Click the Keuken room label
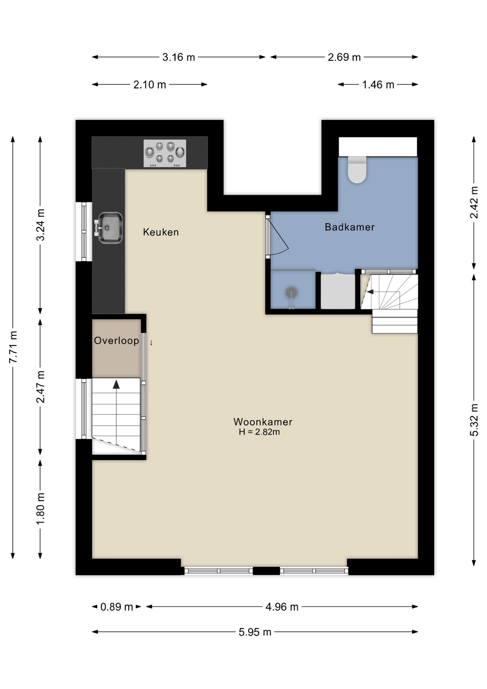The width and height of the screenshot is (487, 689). click(x=161, y=232)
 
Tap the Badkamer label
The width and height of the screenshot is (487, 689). click(x=350, y=227)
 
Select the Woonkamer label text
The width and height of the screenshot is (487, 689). click(x=263, y=422)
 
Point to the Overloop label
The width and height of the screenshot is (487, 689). click(x=117, y=341)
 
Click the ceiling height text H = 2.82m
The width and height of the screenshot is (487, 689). click(x=259, y=432)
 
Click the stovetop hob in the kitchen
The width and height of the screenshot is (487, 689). click(x=165, y=153)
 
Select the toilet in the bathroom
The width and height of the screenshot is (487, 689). click(x=357, y=170)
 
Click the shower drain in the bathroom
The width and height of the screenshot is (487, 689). click(x=292, y=292)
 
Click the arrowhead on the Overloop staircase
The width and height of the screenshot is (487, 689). click(x=116, y=385)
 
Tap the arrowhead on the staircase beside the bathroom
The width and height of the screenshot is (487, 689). click(x=370, y=292)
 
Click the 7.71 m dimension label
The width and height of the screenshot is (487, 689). click(x=13, y=347)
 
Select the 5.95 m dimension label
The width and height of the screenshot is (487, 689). click(x=255, y=632)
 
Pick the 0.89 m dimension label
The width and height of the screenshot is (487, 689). click(x=117, y=607)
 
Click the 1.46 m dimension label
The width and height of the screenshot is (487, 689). click(x=378, y=85)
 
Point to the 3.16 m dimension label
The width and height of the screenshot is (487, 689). click(x=179, y=57)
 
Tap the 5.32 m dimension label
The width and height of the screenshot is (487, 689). click(x=474, y=420)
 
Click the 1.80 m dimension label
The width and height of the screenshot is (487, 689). click(x=41, y=508)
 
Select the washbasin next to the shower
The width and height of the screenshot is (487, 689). click(x=338, y=291)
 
